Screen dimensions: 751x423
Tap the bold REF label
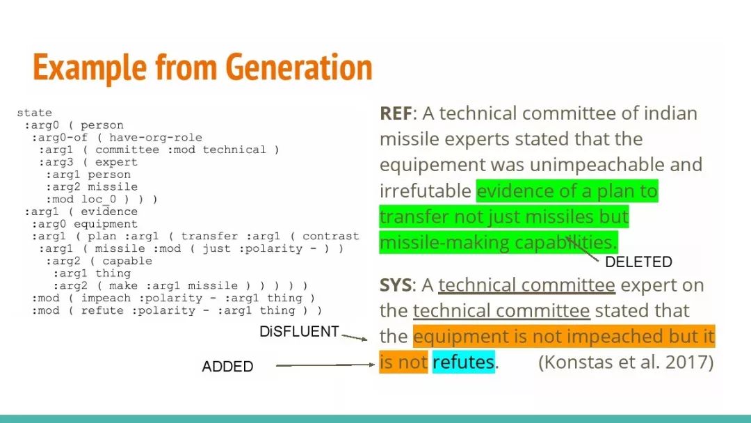click(396, 113)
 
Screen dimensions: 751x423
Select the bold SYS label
click(395, 285)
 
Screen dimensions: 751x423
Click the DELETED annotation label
click(638, 262)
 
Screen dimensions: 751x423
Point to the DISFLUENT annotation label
click(299, 331)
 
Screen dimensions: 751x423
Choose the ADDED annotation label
click(227, 367)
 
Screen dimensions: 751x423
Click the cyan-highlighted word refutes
click(463, 362)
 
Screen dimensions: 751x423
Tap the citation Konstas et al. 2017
click(626, 362)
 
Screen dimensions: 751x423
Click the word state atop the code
click(35, 113)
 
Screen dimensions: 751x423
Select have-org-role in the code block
click(156, 138)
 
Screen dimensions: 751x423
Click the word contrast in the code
click(330, 237)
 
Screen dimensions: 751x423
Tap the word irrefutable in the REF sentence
click(426, 191)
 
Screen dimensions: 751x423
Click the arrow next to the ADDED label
click(325, 365)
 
